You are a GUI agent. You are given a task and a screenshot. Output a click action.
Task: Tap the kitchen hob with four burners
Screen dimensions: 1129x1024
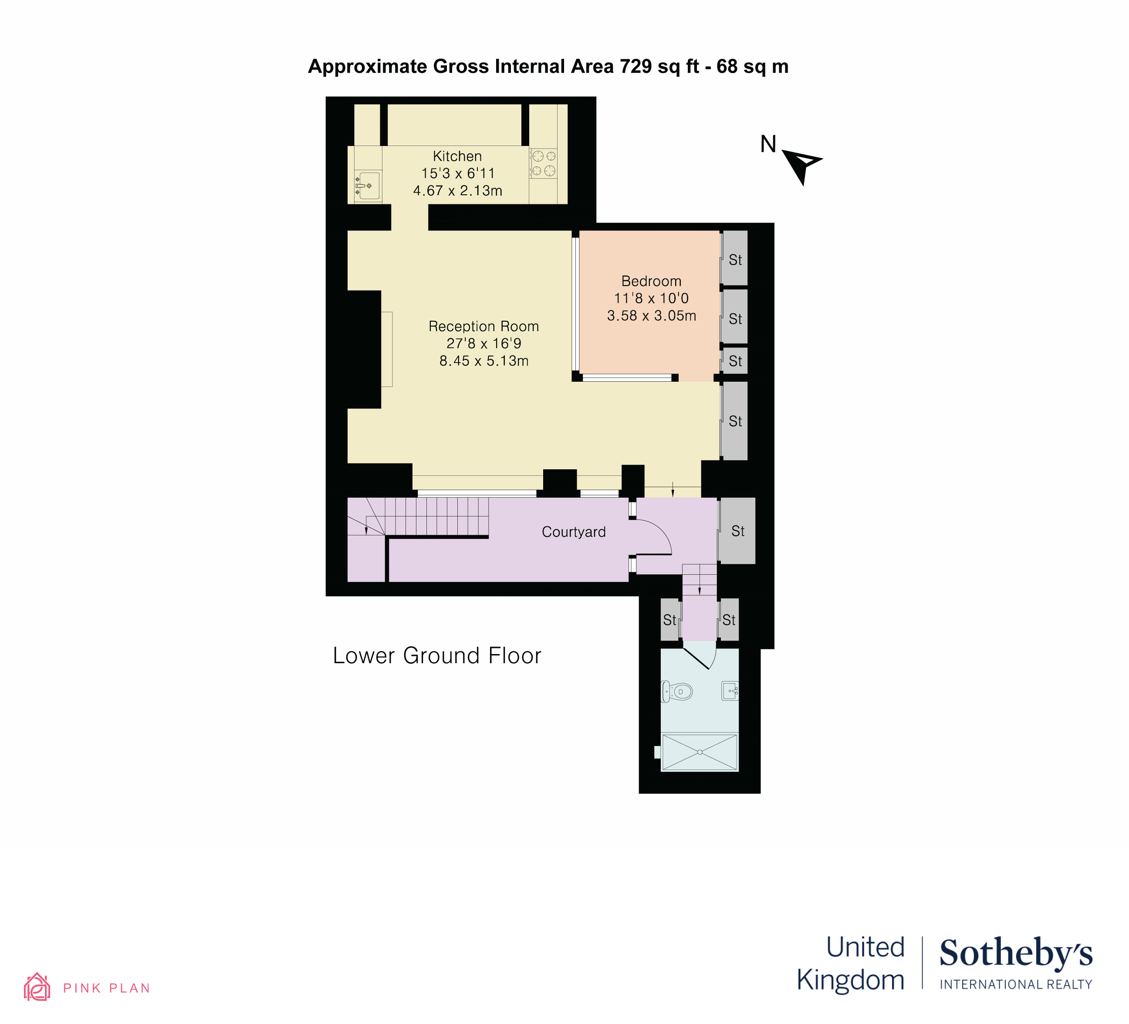pos(543,163)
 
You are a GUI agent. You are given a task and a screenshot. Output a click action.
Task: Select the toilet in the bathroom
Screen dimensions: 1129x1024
pos(676,692)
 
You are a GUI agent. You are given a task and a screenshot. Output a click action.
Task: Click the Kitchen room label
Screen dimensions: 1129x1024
pos(457,156)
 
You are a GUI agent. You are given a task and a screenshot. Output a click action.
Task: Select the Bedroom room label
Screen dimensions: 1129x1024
pos(651,281)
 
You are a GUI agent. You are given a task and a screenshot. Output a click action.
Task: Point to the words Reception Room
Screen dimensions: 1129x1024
pos(484,326)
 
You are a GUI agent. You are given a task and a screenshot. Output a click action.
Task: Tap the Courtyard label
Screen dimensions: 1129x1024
pos(574,532)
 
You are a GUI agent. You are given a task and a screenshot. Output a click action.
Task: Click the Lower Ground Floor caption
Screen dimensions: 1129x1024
pos(437,655)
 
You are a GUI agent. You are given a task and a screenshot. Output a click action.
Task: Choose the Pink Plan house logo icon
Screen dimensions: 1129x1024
pos(37,987)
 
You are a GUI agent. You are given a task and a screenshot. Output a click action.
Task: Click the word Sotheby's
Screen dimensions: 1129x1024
pos(1016,954)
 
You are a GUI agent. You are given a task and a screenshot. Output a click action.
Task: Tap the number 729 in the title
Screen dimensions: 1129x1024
pos(635,66)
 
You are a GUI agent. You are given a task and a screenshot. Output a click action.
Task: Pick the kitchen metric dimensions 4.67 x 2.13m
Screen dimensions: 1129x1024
pos(457,190)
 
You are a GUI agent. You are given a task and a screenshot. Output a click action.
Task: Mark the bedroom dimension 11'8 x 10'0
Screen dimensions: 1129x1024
pos(651,298)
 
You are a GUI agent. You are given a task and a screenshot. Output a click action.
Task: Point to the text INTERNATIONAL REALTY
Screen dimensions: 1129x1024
pos(1016,984)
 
